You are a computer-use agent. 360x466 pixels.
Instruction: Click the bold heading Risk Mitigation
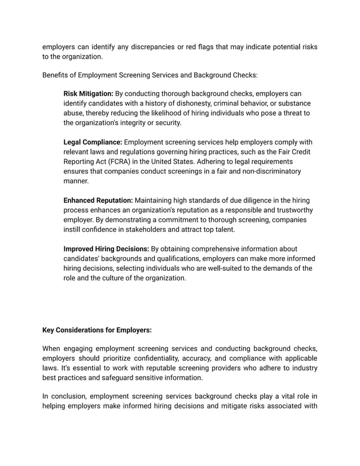tap(88, 93)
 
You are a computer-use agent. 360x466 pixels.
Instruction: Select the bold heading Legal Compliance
tap(93, 142)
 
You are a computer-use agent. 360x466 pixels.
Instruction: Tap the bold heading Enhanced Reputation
tap(98, 200)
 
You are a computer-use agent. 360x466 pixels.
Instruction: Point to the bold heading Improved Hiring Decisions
tap(106, 249)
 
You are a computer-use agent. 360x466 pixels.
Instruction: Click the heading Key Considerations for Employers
tap(97, 331)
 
